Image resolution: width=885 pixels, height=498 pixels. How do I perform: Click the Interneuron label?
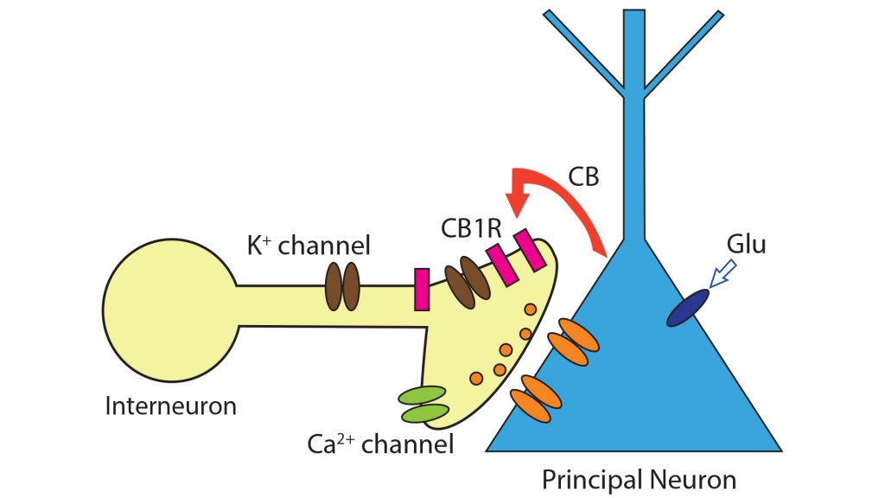[x=170, y=405]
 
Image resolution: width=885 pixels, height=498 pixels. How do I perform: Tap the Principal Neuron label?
[x=639, y=478]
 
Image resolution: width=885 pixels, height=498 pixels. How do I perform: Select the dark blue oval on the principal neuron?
[x=688, y=308]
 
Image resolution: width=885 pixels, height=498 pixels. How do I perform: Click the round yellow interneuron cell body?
[x=169, y=308]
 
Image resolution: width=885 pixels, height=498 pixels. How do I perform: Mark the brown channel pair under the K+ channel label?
[x=342, y=286]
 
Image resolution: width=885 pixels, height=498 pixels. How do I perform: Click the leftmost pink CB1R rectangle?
[x=423, y=289]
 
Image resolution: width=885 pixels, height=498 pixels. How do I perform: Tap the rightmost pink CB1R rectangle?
[x=530, y=251]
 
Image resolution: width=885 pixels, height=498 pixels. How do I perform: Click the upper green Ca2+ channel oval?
[x=421, y=395]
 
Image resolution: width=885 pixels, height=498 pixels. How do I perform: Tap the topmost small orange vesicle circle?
[x=530, y=310]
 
